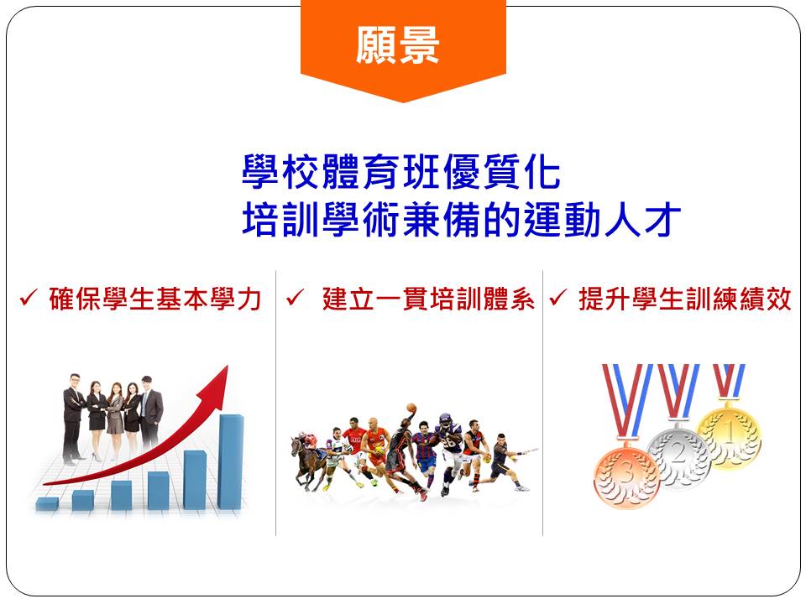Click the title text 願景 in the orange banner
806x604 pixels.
(x=398, y=45)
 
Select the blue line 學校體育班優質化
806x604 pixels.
(x=401, y=172)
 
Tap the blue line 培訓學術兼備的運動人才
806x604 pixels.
(x=462, y=219)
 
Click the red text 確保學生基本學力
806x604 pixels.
(x=156, y=299)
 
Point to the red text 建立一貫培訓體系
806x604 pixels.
(x=429, y=299)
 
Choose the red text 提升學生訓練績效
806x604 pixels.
(x=685, y=299)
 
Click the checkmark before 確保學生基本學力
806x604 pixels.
(x=29, y=297)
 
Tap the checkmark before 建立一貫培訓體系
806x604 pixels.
(x=295, y=297)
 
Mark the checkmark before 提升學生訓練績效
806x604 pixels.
(x=558, y=297)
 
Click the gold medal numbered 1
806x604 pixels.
(x=729, y=434)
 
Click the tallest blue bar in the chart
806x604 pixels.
(x=230, y=461)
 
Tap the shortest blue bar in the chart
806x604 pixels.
(x=47, y=504)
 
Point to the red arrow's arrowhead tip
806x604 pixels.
(x=228, y=366)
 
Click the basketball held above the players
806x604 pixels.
(x=411, y=409)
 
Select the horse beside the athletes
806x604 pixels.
(x=308, y=462)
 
